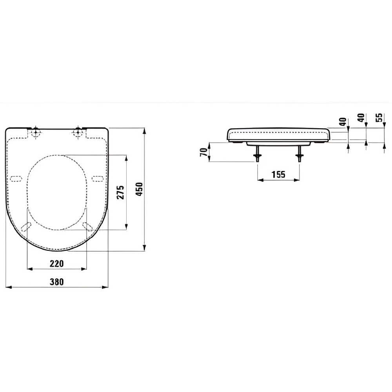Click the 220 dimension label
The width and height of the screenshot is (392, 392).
click(57, 263)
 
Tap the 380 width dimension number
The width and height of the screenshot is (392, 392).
click(57, 282)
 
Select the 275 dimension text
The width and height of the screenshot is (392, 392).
click(121, 192)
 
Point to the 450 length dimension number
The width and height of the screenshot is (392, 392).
click(139, 189)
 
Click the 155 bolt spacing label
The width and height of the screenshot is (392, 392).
click(278, 174)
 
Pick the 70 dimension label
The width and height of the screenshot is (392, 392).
click(204, 152)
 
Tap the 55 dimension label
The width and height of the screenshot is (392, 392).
click(379, 117)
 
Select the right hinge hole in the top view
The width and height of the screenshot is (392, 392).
click(78, 131)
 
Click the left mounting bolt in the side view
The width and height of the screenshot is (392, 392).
click(257, 154)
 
